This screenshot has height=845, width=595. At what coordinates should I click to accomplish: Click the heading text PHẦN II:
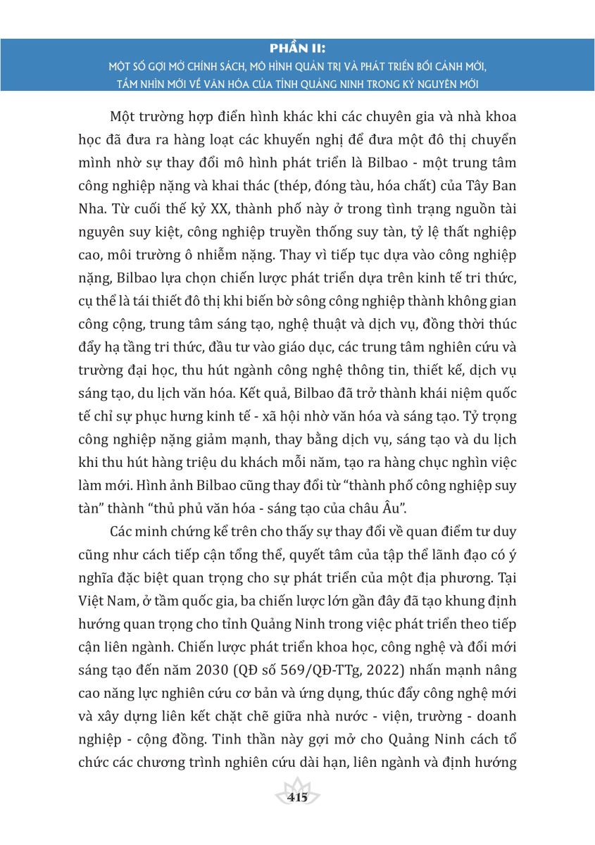298,49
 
